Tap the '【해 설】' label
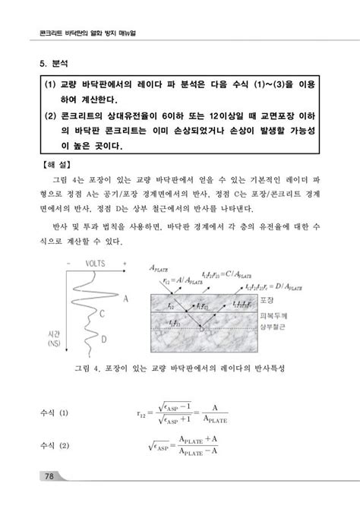pos(53,163)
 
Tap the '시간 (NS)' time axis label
pos(54,337)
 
